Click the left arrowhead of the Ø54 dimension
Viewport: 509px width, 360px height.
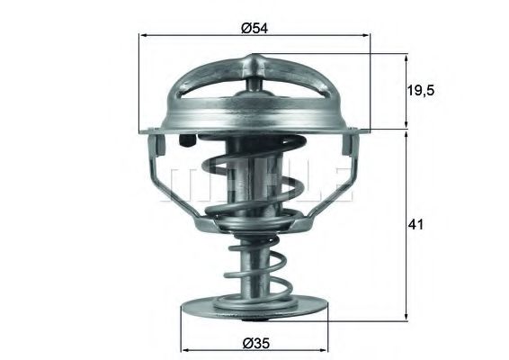tap(145, 36)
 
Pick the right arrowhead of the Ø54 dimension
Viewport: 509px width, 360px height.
tap(367, 36)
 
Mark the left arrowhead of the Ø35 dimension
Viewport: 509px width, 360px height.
tap(186, 347)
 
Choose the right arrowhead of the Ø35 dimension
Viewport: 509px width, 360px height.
tap(326, 347)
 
